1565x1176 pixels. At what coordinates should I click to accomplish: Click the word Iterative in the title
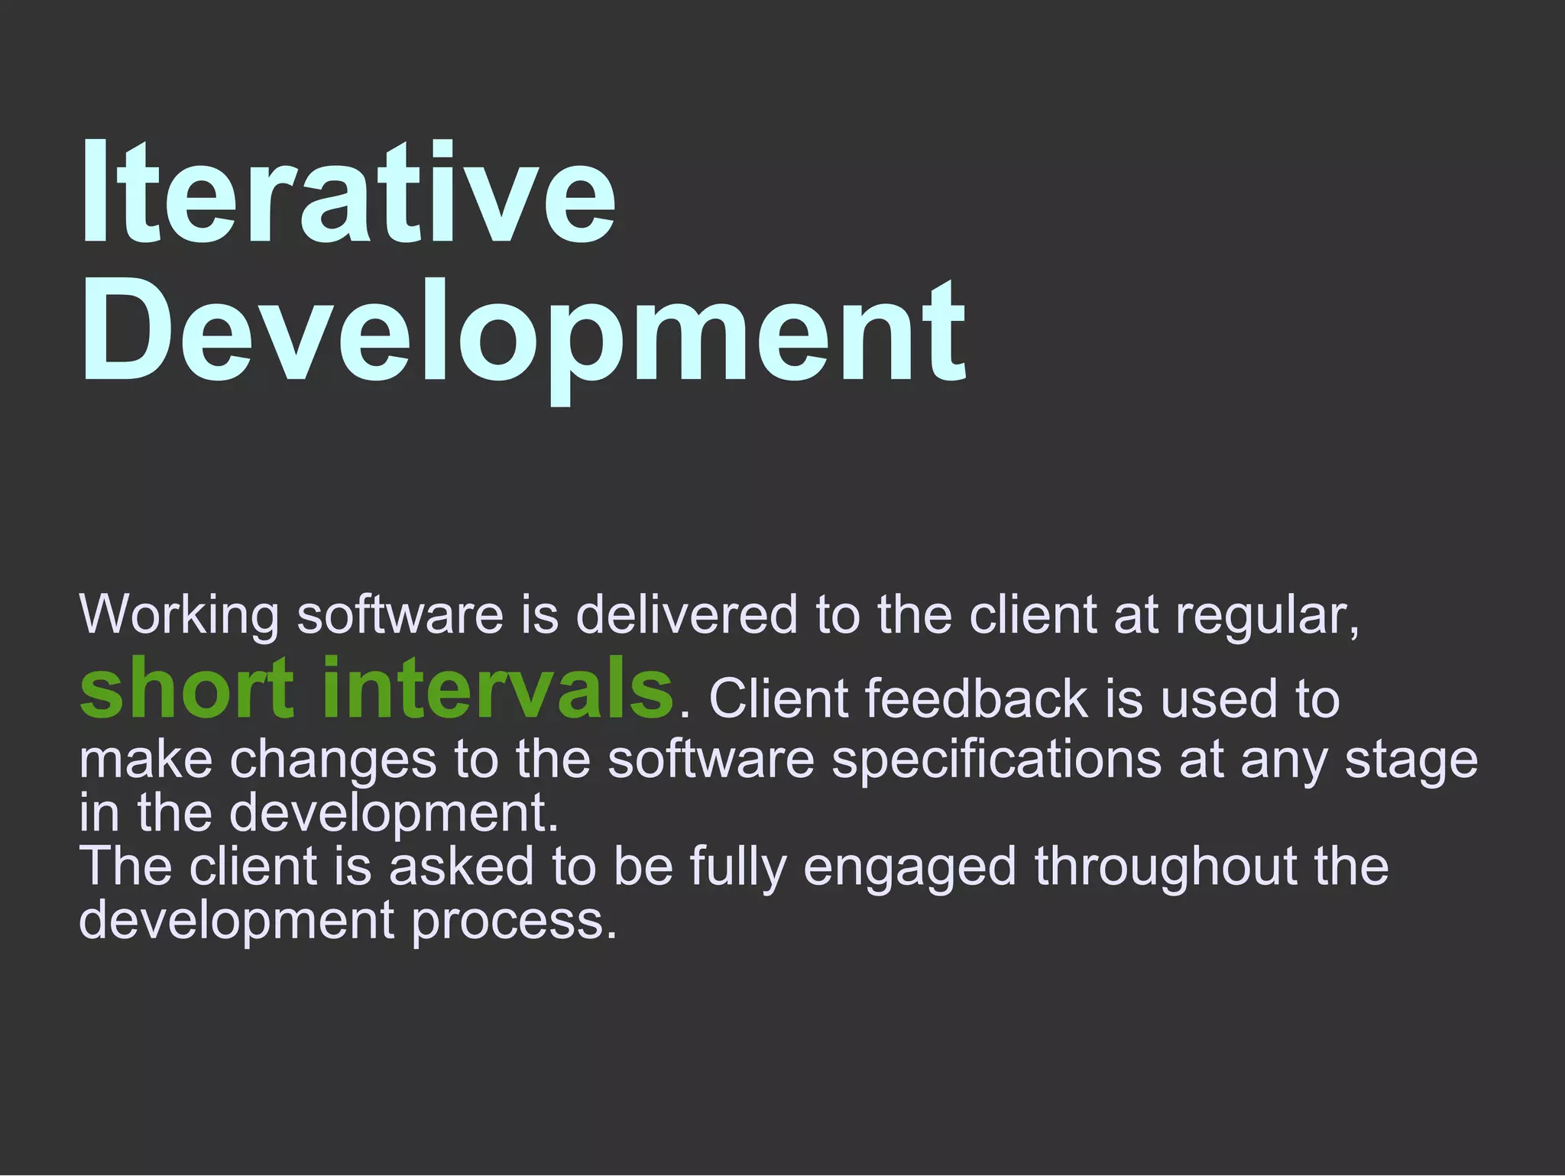click(x=348, y=193)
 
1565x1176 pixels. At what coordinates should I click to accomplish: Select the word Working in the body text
click(x=179, y=616)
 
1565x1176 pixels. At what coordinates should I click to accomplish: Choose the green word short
click(x=186, y=688)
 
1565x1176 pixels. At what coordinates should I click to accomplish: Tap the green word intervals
click(x=497, y=688)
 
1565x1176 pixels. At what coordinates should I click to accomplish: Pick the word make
click(x=145, y=760)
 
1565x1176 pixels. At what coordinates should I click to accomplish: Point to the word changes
click(x=333, y=761)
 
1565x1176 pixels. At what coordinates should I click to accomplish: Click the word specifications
click(x=996, y=761)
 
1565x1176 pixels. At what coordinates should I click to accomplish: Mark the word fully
click(x=737, y=868)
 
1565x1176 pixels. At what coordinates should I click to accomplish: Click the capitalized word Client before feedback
click(x=779, y=698)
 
